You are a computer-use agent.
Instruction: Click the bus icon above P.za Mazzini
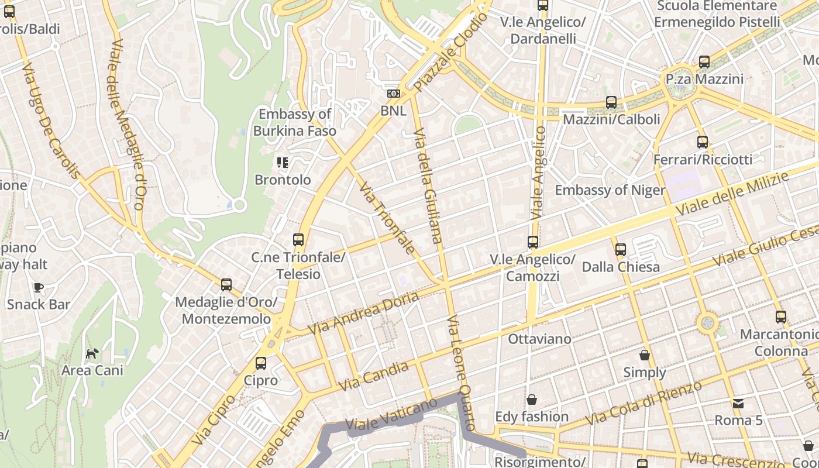point(704,62)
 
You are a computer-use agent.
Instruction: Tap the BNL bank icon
point(393,94)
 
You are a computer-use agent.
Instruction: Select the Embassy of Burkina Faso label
point(295,122)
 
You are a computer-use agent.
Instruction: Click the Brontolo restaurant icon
point(283,163)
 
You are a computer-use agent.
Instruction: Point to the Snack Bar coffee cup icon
point(39,287)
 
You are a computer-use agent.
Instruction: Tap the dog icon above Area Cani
point(92,353)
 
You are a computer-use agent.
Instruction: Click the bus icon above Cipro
point(261,363)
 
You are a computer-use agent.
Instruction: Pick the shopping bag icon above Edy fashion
point(532,400)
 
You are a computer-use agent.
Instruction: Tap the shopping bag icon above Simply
point(645,355)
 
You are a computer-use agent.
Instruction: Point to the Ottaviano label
point(531,339)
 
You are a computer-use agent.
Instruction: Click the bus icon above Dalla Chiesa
point(621,250)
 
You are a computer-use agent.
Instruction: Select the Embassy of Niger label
point(610,190)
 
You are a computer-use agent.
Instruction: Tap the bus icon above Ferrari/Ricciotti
point(703,142)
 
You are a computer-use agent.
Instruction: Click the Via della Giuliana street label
point(428,185)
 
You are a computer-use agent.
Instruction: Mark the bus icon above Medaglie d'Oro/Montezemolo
point(226,285)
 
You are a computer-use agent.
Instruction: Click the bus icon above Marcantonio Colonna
point(781,318)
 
